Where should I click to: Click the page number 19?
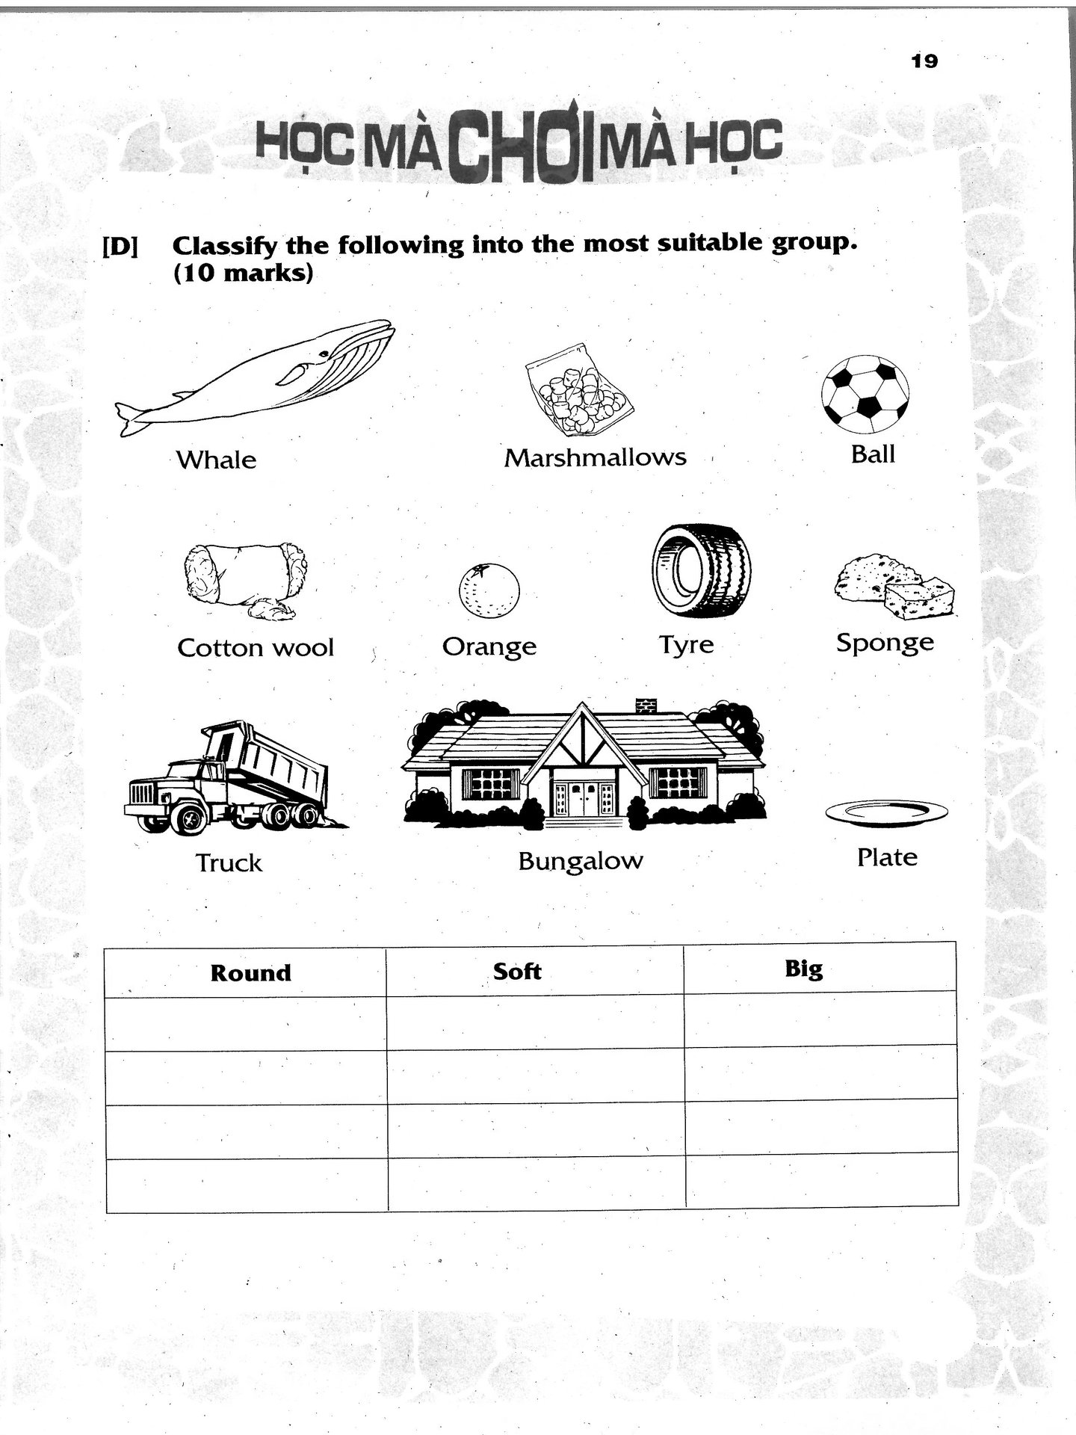tap(924, 61)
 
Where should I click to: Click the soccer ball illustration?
tap(865, 394)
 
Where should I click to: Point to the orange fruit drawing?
tap(488, 590)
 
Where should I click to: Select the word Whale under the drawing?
tap(216, 460)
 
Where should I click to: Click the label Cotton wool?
tap(256, 647)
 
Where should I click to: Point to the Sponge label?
tap(885, 643)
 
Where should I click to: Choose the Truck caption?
tap(229, 863)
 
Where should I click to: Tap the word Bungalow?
tap(581, 861)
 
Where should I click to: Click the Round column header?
tap(250, 973)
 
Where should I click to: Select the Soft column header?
tap(517, 972)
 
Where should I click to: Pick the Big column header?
tap(804, 969)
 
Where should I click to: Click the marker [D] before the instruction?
tap(120, 247)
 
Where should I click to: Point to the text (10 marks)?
tap(243, 274)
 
